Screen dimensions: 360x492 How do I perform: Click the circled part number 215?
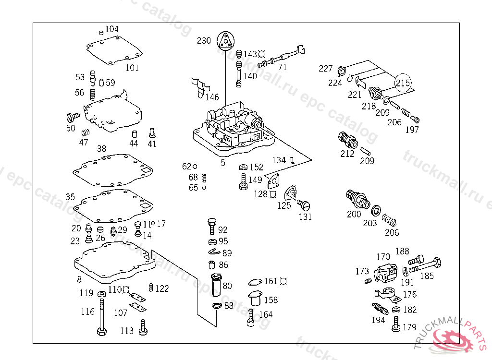click(403, 83)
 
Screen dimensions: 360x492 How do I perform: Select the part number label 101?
click(132, 68)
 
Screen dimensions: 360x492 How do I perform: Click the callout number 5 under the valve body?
click(223, 163)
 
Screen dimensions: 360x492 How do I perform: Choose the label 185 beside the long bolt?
click(427, 276)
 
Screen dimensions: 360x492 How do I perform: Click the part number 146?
click(212, 97)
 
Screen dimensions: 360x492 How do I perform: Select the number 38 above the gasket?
click(101, 149)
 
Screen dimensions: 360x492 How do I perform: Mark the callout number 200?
click(354, 214)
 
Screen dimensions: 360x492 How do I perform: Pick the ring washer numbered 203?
click(376, 210)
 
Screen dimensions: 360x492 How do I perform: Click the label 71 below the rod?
click(283, 67)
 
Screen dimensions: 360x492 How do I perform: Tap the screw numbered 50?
click(72, 117)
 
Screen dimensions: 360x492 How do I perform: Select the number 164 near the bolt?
click(266, 314)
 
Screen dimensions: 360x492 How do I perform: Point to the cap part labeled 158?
click(254, 298)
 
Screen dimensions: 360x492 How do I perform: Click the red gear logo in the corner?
click(456, 339)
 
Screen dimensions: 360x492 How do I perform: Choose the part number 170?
click(383, 257)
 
